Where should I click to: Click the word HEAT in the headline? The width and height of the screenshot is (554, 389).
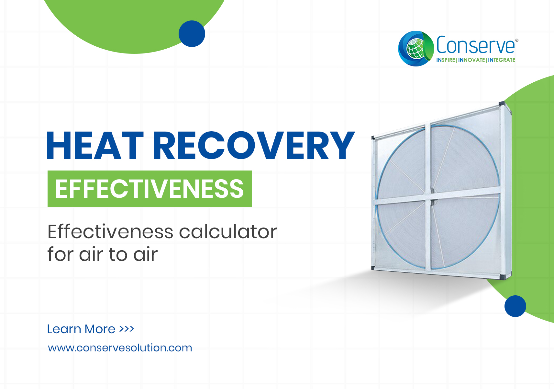pos(95,145)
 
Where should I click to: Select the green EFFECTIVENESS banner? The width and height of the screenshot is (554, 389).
pos(150,189)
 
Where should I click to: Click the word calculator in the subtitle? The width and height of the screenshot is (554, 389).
pos(228,232)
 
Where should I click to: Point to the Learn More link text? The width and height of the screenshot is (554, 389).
pos(81,329)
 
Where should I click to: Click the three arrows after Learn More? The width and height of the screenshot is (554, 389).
pos(127,329)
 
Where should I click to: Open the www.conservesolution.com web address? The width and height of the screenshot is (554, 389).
pos(120,348)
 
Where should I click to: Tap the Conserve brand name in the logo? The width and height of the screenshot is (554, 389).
pos(475,45)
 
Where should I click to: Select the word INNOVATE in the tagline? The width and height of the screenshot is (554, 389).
pos(471,60)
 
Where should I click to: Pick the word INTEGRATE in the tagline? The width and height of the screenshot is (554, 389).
pos(501,60)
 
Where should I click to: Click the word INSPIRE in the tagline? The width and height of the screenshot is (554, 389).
pos(446,60)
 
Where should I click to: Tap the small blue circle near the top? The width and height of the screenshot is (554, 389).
pos(192,34)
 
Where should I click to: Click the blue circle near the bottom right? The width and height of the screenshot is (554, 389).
pos(515,306)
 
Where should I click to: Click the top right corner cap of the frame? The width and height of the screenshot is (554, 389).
pos(502,103)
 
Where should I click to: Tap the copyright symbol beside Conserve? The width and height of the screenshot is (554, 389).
pos(517,40)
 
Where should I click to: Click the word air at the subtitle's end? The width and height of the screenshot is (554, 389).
pos(145,254)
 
